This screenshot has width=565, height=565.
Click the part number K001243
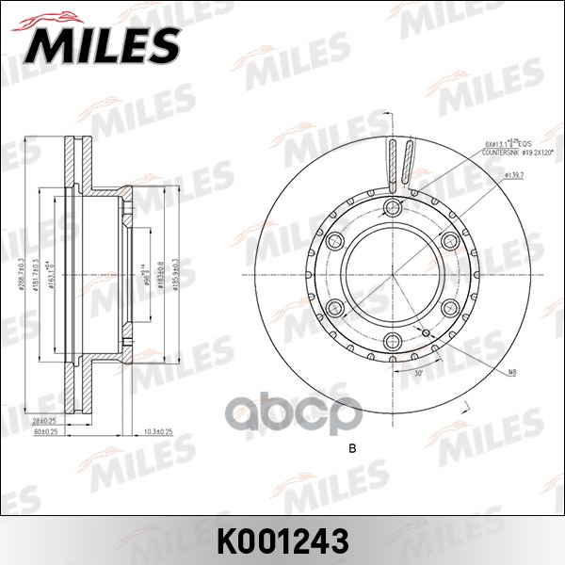pos(282,540)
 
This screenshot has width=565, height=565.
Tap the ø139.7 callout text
pos(514,175)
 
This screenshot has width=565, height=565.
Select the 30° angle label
pos(418,374)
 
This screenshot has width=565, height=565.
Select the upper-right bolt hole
pos(450,241)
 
